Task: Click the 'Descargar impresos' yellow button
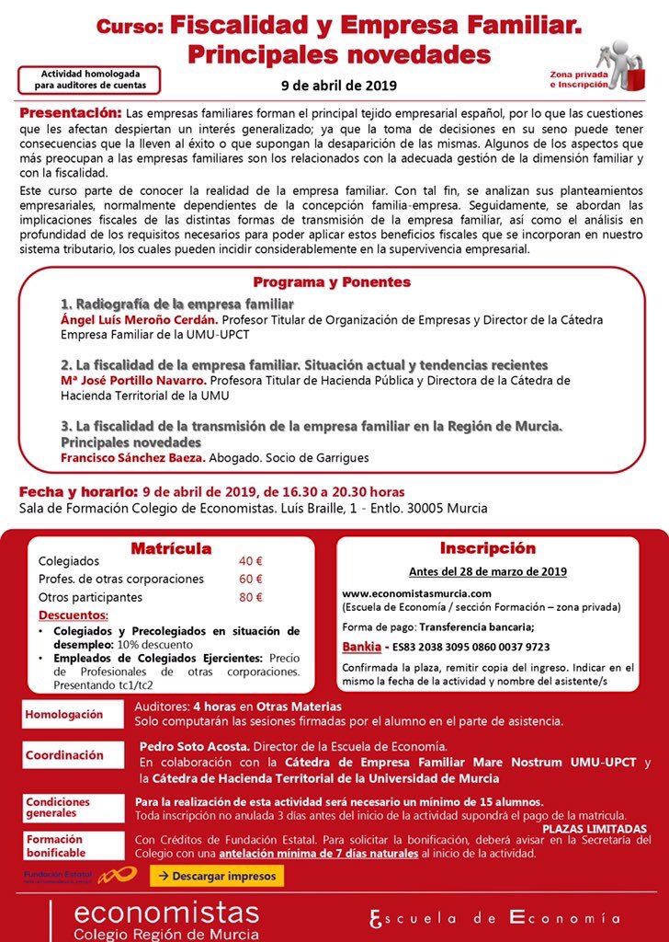point(217,876)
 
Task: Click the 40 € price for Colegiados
point(250,561)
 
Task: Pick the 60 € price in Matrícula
point(250,579)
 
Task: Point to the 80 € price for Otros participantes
point(250,596)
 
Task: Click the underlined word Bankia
point(360,647)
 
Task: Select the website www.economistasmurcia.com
point(416,593)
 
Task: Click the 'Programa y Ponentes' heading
point(332,282)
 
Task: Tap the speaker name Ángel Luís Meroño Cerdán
point(139,319)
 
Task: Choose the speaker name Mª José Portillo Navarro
point(132,379)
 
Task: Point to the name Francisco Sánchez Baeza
point(132,457)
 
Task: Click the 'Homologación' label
point(64,714)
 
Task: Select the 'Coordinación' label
point(64,754)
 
